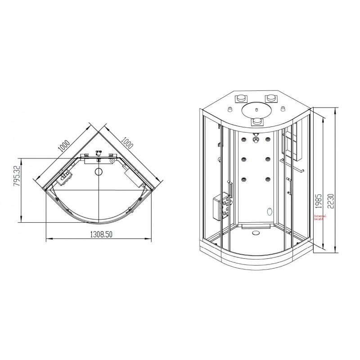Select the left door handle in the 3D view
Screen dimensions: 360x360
(x=230, y=189)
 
